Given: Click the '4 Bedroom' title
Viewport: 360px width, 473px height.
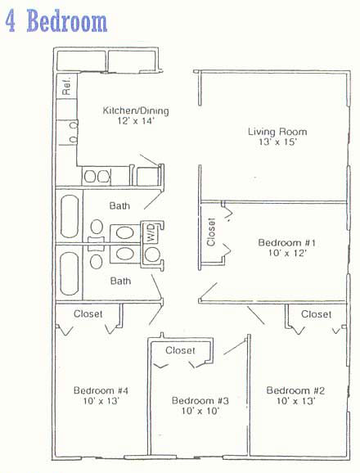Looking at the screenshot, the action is (x=56, y=20).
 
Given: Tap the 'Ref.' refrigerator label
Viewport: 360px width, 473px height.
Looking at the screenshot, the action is (x=66, y=87).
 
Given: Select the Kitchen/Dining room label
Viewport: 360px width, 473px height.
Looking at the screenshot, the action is (x=136, y=110).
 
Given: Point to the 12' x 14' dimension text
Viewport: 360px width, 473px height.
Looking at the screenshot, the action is (x=136, y=121).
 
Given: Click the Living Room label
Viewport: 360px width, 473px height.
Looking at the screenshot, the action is (x=277, y=132).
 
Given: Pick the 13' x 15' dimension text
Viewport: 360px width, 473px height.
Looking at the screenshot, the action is (x=278, y=142).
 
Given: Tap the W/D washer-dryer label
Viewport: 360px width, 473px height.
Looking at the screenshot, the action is (x=151, y=232).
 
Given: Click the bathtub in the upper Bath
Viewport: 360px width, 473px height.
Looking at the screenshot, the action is (x=70, y=216).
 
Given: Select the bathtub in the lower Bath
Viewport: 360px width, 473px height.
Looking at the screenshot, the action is (x=70, y=273).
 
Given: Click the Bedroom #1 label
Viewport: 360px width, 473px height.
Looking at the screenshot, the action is (x=286, y=242).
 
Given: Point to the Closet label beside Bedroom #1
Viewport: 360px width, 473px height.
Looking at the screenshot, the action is (x=211, y=232).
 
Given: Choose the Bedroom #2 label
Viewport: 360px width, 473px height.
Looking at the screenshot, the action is (x=295, y=390).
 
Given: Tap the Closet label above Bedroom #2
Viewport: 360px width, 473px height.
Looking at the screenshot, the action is (x=316, y=314).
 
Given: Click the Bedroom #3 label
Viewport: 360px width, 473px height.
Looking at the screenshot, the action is (x=200, y=401).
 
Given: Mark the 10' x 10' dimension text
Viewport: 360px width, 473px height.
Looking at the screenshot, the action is (x=200, y=411).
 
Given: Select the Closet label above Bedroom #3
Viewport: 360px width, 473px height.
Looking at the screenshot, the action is (x=180, y=350).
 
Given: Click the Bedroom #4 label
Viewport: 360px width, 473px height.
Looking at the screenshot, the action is (x=101, y=390).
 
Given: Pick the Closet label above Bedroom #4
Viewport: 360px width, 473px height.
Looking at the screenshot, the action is (x=88, y=313).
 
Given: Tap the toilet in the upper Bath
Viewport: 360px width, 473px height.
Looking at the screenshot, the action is (x=97, y=227).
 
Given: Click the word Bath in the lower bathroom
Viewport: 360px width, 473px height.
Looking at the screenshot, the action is (x=120, y=281).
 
